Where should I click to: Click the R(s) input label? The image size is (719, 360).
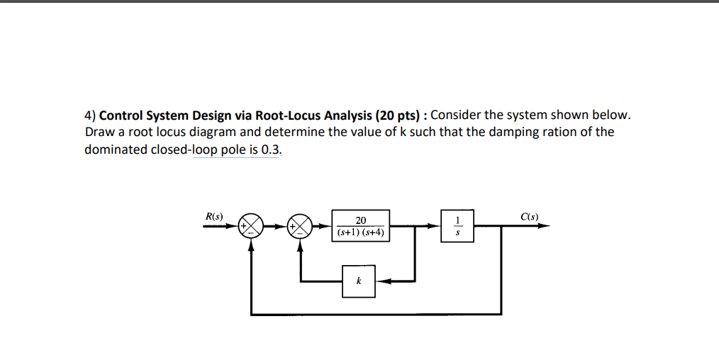[x=213, y=215]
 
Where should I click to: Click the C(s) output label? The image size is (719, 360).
[x=529, y=215]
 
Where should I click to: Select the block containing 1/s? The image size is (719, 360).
[x=457, y=227]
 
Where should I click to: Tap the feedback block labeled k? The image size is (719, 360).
[x=358, y=281]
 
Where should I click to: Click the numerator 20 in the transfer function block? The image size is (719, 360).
[x=361, y=220]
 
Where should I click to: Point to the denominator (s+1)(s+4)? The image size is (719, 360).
[x=361, y=232]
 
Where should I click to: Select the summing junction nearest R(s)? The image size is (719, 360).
[x=250, y=227]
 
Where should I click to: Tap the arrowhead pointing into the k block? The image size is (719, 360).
[x=381, y=281]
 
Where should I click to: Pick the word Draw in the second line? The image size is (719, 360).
[x=99, y=132]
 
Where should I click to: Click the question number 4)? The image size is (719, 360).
[x=89, y=115]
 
